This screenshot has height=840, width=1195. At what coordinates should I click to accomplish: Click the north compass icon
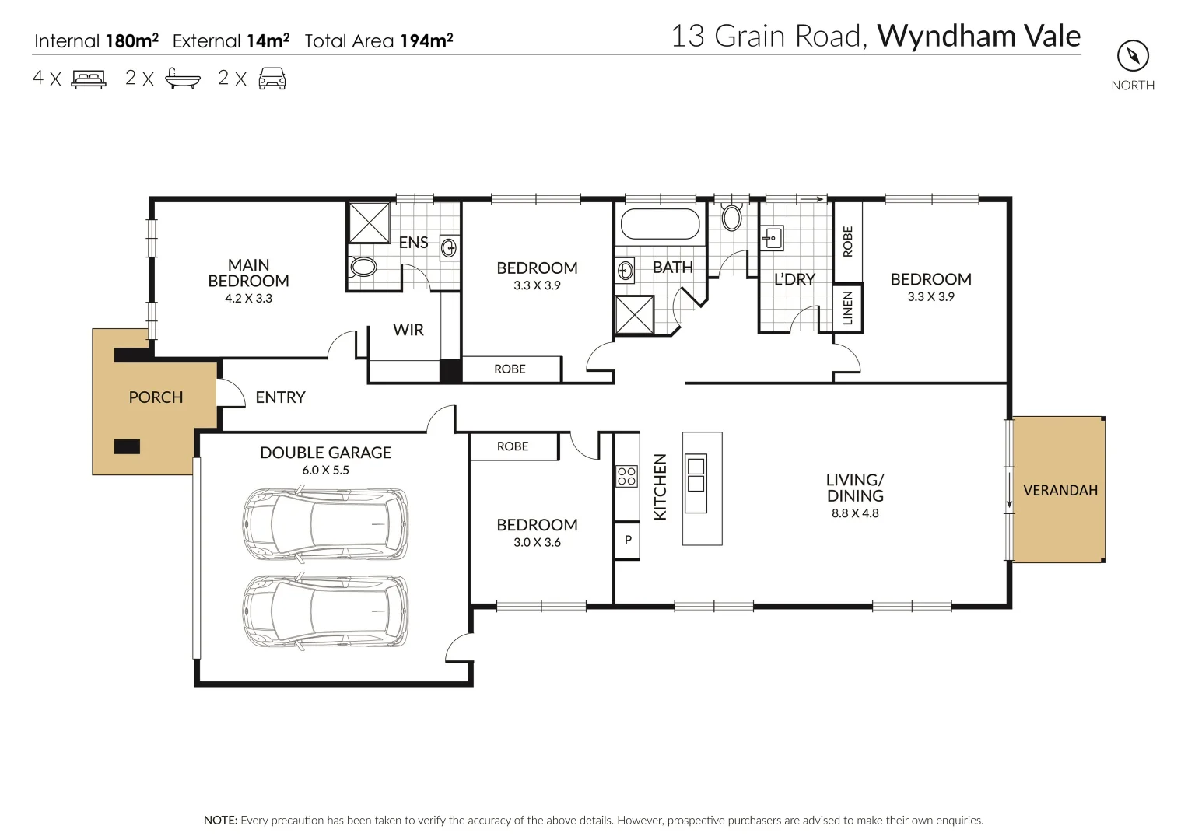1133,55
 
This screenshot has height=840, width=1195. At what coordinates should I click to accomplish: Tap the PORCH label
156,397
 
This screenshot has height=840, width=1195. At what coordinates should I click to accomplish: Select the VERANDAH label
1060,490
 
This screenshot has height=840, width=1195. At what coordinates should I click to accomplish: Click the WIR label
408,330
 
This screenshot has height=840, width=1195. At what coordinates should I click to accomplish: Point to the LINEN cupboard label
848,308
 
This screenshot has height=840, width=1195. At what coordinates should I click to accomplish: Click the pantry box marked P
627,540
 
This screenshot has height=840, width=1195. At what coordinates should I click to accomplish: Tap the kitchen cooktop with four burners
626,476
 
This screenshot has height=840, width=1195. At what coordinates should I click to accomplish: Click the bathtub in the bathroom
660,224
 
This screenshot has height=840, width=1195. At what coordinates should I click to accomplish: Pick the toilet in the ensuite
363,268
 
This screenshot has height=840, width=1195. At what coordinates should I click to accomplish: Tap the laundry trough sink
772,238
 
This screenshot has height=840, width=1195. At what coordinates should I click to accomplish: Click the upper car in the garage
325,524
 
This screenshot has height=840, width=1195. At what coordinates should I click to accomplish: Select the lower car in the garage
325,611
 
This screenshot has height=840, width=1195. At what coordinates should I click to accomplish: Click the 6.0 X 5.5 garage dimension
325,471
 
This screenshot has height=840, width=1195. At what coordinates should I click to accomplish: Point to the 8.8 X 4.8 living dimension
855,513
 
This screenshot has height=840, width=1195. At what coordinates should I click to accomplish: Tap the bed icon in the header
89,79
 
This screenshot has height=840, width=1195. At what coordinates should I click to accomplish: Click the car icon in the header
272,79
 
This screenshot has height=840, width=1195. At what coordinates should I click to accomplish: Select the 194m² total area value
426,41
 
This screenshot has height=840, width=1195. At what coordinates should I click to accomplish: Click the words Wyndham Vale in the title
979,37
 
